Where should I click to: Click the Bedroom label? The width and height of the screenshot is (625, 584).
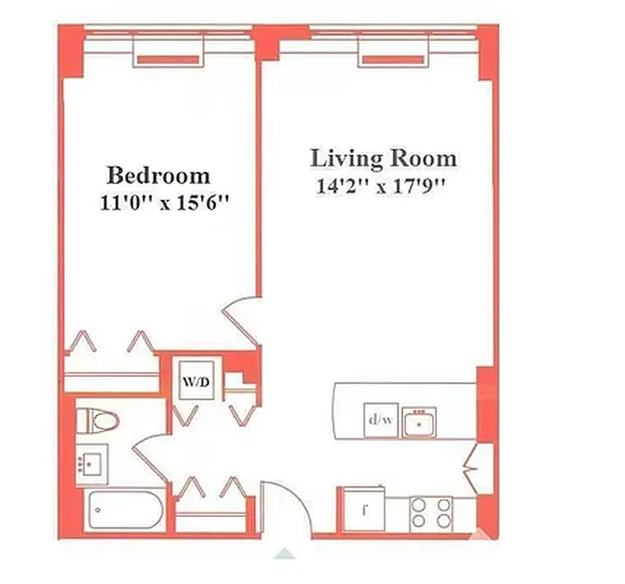coord(158,175)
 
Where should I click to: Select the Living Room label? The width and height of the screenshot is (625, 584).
coord(383,158)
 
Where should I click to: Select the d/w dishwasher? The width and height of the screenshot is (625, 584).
coord(380,420)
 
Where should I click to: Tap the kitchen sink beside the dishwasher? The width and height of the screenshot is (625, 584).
coord(418,422)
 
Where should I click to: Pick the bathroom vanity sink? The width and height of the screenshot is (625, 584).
coord(92,464)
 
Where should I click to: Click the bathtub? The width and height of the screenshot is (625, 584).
coord(124,512)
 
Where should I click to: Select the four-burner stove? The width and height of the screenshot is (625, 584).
coord(431,512)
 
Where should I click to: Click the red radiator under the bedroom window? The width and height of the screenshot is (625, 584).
coord(167,59)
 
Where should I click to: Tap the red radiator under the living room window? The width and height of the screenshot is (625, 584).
coord(393,59)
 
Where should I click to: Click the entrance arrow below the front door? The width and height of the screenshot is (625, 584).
coord(285,553)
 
